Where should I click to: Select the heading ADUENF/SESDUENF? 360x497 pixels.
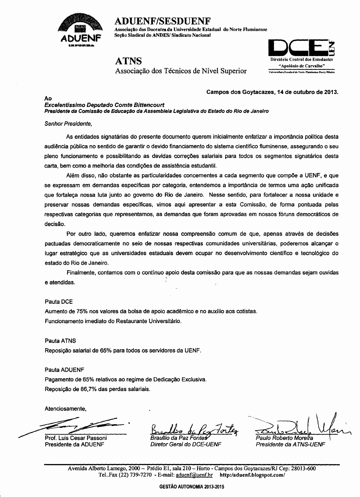point(163,21)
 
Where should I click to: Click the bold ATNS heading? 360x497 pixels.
point(128,61)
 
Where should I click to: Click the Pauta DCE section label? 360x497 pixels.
point(59,302)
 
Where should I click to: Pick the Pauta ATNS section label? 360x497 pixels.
point(60,341)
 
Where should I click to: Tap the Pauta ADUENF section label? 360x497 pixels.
point(65,370)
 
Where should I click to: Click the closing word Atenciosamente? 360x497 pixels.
point(65,409)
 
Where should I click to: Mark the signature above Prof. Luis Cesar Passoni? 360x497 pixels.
point(78,425)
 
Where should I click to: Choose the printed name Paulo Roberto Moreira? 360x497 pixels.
point(284,438)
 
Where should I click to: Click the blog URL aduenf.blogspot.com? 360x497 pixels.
point(253,475)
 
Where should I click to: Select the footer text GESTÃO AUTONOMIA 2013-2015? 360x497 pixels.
point(192,487)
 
